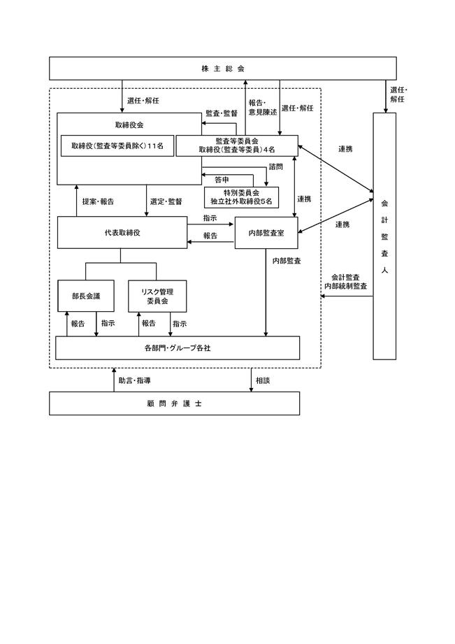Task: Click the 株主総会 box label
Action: (x=222, y=69)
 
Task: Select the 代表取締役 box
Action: (x=122, y=232)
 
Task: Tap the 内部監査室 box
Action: (x=266, y=233)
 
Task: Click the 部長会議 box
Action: (x=86, y=296)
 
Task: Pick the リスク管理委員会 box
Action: (x=157, y=296)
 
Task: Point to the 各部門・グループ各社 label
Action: (x=178, y=348)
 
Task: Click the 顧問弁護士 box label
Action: (x=174, y=403)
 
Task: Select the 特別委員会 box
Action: (x=241, y=197)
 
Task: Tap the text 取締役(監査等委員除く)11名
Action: (x=117, y=146)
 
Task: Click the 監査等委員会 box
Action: (x=237, y=146)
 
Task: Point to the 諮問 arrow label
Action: (x=276, y=166)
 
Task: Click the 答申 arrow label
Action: (x=222, y=180)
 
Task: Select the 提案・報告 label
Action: (x=98, y=201)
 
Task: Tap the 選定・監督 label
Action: (x=166, y=201)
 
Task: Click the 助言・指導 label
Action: (x=135, y=380)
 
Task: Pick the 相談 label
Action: (x=263, y=380)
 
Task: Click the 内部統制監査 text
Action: (x=346, y=286)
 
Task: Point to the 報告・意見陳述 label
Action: (x=263, y=108)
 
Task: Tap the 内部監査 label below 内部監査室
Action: (x=287, y=261)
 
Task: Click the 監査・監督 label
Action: (x=222, y=113)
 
